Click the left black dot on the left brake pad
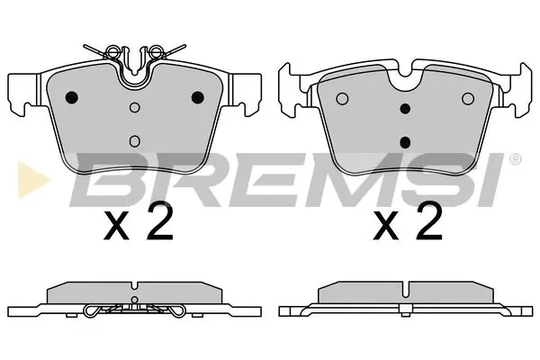pyautogui.click(x=73, y=98)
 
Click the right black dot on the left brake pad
pyautogui.click(x=198, y=98)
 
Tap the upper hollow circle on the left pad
pyautogui.click(x=135, y=109)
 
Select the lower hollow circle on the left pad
pyautogui.click(x=135, y=139)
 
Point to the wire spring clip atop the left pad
pyautogui.click(x=135, y=52)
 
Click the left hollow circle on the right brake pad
pyautogui.click(x=340, y=99)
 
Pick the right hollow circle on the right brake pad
pyautogui.click(x=467, y=99)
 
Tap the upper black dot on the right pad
pyautogui.click(x=404, y=109)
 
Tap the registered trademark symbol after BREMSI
pyautogui.click(x=515, y=160)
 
